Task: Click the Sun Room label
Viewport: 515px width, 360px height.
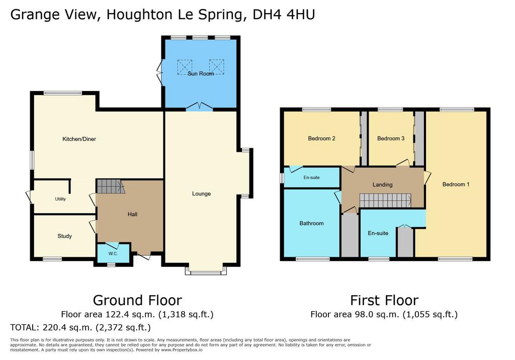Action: (201, 73)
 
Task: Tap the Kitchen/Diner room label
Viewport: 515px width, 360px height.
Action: (79, 139)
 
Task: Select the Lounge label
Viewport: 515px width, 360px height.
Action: (201, 194)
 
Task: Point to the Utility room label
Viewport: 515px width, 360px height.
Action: (60, 199)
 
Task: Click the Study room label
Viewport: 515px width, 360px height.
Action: (64, 236)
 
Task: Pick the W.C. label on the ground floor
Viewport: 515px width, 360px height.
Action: (113, 254)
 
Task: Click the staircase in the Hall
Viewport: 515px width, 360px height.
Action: (110, 186)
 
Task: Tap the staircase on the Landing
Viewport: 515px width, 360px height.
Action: (385, 201)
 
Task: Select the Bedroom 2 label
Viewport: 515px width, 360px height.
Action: (321, 139)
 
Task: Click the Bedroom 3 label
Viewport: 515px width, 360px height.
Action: (391, 139)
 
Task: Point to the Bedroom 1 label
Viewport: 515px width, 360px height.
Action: (456, 185)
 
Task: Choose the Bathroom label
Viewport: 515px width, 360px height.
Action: (311, 223)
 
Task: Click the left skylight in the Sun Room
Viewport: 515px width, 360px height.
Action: (185, 67)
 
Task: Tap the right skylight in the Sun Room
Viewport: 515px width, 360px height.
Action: (217, 67)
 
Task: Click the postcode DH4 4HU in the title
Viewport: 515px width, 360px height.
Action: (284, 15)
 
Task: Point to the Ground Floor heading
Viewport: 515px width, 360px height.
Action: (137, 301)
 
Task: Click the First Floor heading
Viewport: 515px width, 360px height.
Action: (384, 301)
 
